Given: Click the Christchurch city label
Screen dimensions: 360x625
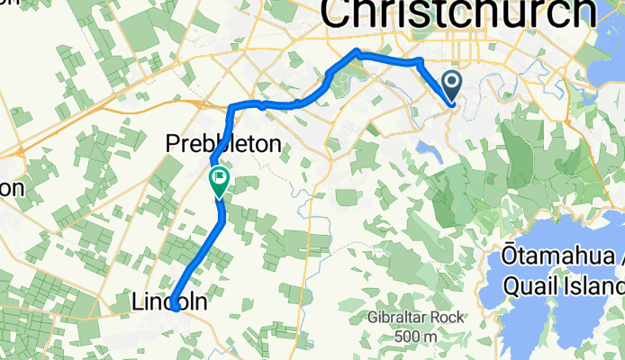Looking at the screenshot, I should [458, 14].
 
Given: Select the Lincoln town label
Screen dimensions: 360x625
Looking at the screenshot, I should [171, 303].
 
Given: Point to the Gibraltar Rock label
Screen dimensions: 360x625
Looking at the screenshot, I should [414, 319].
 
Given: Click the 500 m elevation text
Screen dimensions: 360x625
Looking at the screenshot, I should [415, 337].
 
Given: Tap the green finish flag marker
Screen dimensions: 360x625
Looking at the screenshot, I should [219, 180].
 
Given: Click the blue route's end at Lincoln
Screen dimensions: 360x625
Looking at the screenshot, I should [175, 307].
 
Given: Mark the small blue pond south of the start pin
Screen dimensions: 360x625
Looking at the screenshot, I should [430, 150].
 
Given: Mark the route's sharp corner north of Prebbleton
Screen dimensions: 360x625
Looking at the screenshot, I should [232, 108].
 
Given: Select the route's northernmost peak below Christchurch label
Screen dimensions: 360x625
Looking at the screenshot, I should [358, 50].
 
